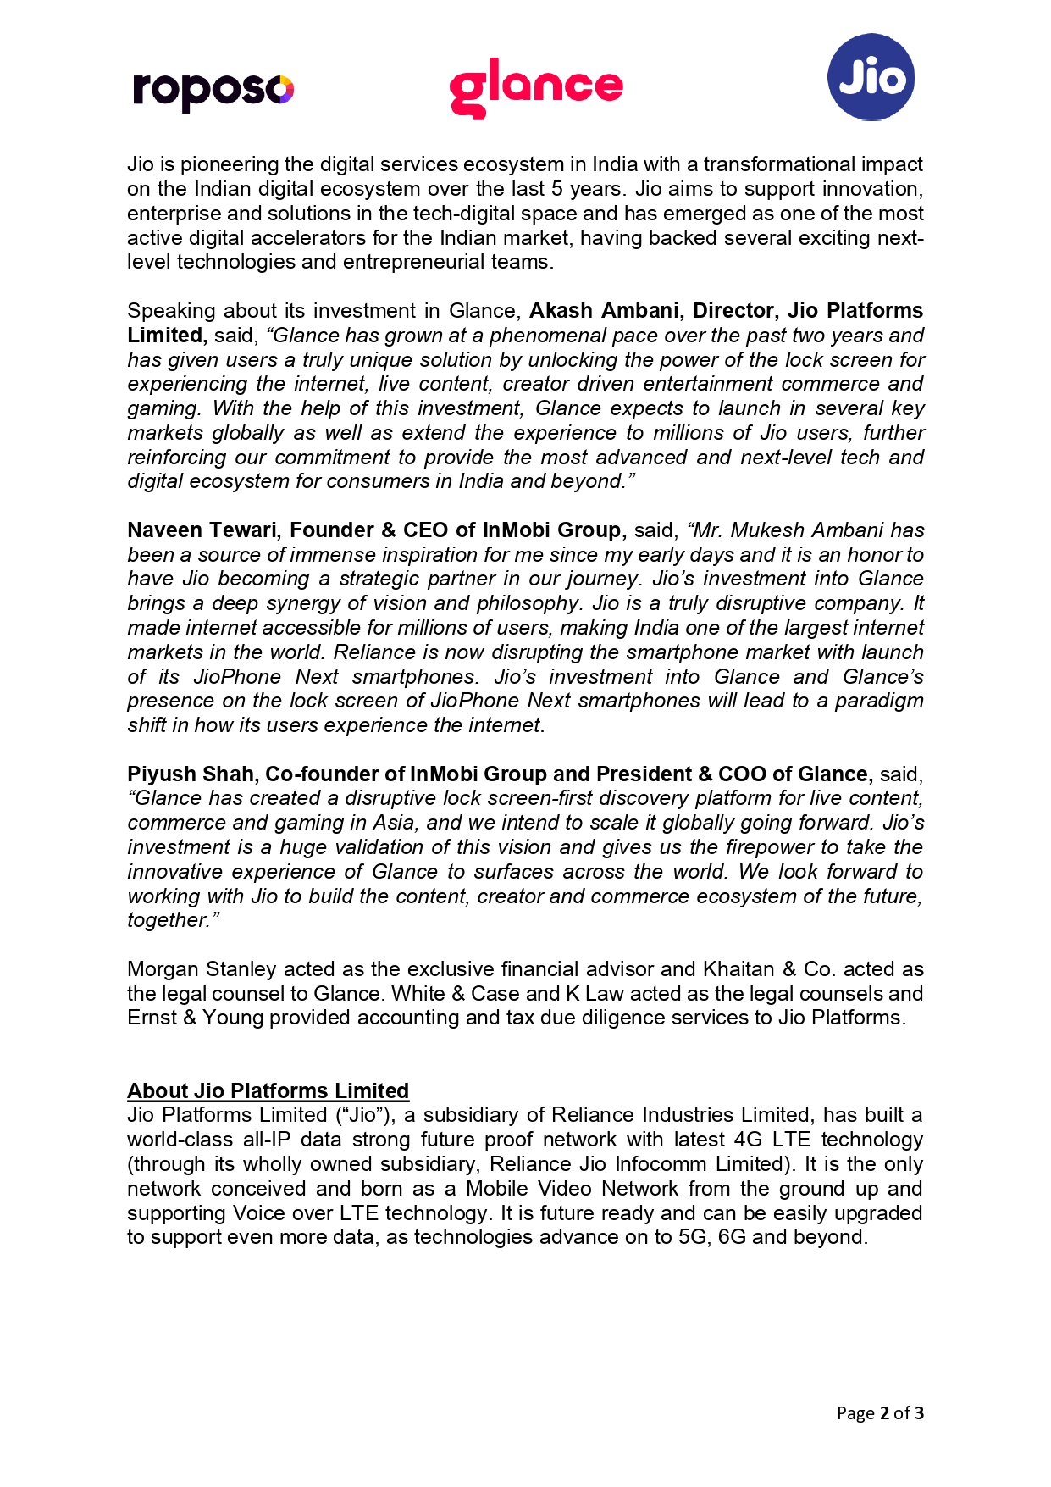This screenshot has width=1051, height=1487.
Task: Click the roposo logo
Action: tap(213, 89)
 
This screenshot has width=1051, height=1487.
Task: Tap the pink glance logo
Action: tap(535, 87)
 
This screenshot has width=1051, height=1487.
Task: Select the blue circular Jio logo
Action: tap(870, 77)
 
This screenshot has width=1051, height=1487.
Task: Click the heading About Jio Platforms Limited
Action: tap(268, 1090)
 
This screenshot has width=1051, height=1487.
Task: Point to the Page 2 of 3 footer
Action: tap(879, 1412)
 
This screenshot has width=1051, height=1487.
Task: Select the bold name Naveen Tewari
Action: tap(202, 530)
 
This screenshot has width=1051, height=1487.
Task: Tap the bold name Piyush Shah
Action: tap(191, 774)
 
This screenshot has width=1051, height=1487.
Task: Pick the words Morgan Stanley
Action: tap(202, 969)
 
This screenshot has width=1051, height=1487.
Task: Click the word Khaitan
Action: tap(735, 969)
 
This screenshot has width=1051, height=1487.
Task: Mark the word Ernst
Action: tap(153, 1018)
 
